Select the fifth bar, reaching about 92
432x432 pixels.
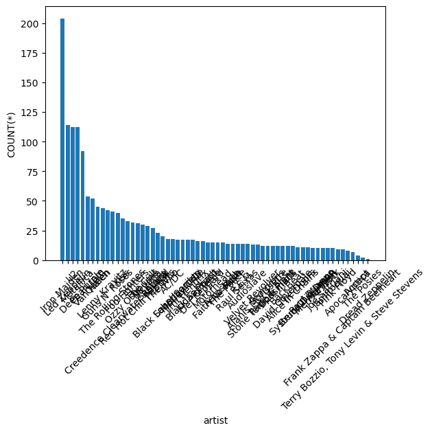coord(82,206)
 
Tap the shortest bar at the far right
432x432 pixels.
coord(368,260)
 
